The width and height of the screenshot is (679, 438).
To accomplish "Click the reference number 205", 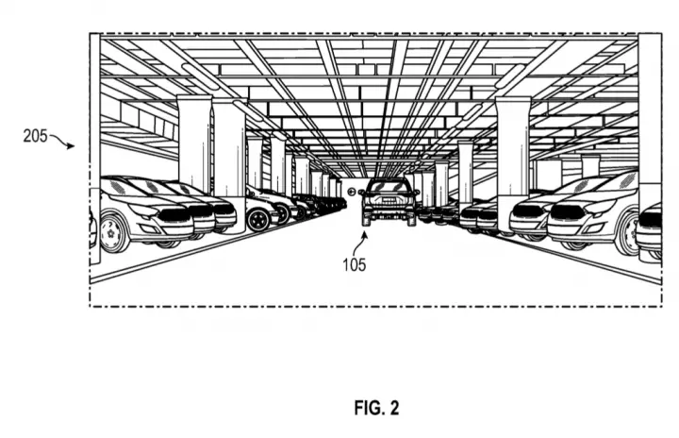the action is (x=35, y=136).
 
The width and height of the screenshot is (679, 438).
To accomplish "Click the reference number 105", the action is (x=355, y=264).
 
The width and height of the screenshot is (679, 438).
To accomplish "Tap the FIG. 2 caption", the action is (x=376, y=408).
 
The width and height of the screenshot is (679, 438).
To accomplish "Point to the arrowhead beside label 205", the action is (x=71, y=146).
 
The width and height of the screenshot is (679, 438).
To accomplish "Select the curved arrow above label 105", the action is (x=358, y=244).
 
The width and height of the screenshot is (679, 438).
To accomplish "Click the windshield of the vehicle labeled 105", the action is (x=389, y=187).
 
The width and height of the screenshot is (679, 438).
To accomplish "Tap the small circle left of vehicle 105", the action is (x=351, y=192).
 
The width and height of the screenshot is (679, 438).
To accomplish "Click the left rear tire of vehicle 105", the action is (x=366, y=219).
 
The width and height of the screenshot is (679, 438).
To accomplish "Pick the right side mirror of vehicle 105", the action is (x=417, y=192).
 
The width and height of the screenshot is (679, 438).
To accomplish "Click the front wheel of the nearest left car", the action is (x=111, y=233).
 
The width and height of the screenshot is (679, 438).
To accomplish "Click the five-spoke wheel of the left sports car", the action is (x=258, y=219).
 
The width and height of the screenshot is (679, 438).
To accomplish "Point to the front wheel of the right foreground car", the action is (x=627, y=234).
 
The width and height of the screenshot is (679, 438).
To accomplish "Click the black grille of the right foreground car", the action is (x=567, y=213).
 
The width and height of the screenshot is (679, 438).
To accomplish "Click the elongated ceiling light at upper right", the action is (x=509, y=76).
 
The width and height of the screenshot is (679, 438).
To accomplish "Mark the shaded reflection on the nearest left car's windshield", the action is (x=119, y=187).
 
